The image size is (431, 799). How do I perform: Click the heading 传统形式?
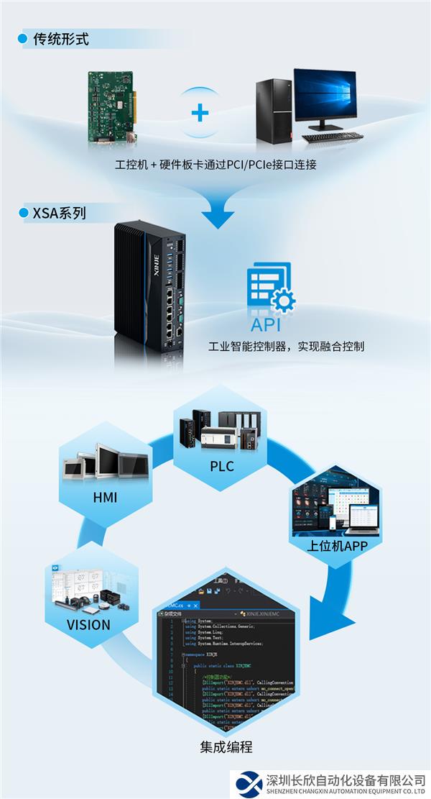tap(61, 39)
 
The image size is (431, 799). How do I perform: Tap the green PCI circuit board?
tap(111, 108)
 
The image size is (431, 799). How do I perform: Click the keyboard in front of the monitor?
tap(331, 137)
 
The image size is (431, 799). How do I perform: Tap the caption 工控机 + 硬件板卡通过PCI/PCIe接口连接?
tap(215, 165)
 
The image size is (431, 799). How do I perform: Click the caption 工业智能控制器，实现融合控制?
tap(286, 347)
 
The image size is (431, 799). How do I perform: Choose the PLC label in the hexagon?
tap(221, 466)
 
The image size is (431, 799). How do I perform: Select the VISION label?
tap(88, 624)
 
